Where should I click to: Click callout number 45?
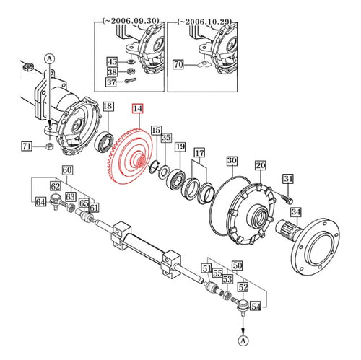[111, 62]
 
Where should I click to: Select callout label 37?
[111, 82]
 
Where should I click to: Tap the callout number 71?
[27, 147]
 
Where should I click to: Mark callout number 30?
[232, 160]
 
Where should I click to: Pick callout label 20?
[260, 166]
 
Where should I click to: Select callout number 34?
[295, 212]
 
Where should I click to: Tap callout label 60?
[67, 171]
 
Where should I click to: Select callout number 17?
[199, 153]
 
